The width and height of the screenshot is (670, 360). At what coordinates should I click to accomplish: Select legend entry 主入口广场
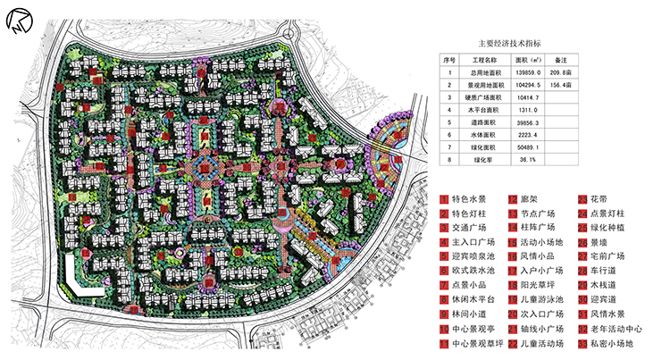[x=472, y=242]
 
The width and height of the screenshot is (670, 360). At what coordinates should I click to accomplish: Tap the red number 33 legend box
[x=582, y=342]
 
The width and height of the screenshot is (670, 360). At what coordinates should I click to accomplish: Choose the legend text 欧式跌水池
[x=472, y=271]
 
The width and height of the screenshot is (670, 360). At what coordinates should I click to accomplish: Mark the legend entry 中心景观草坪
[x=476, y=342]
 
